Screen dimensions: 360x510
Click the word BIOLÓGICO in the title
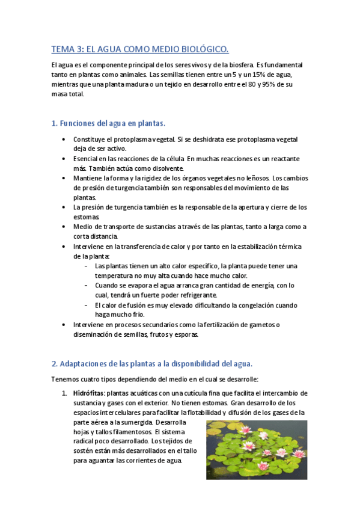(x=200, y=49)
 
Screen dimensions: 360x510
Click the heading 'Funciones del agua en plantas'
(x=108, y=123)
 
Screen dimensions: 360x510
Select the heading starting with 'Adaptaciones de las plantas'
(x=152, y=364)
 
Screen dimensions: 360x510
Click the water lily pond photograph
(x=257, y=449)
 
